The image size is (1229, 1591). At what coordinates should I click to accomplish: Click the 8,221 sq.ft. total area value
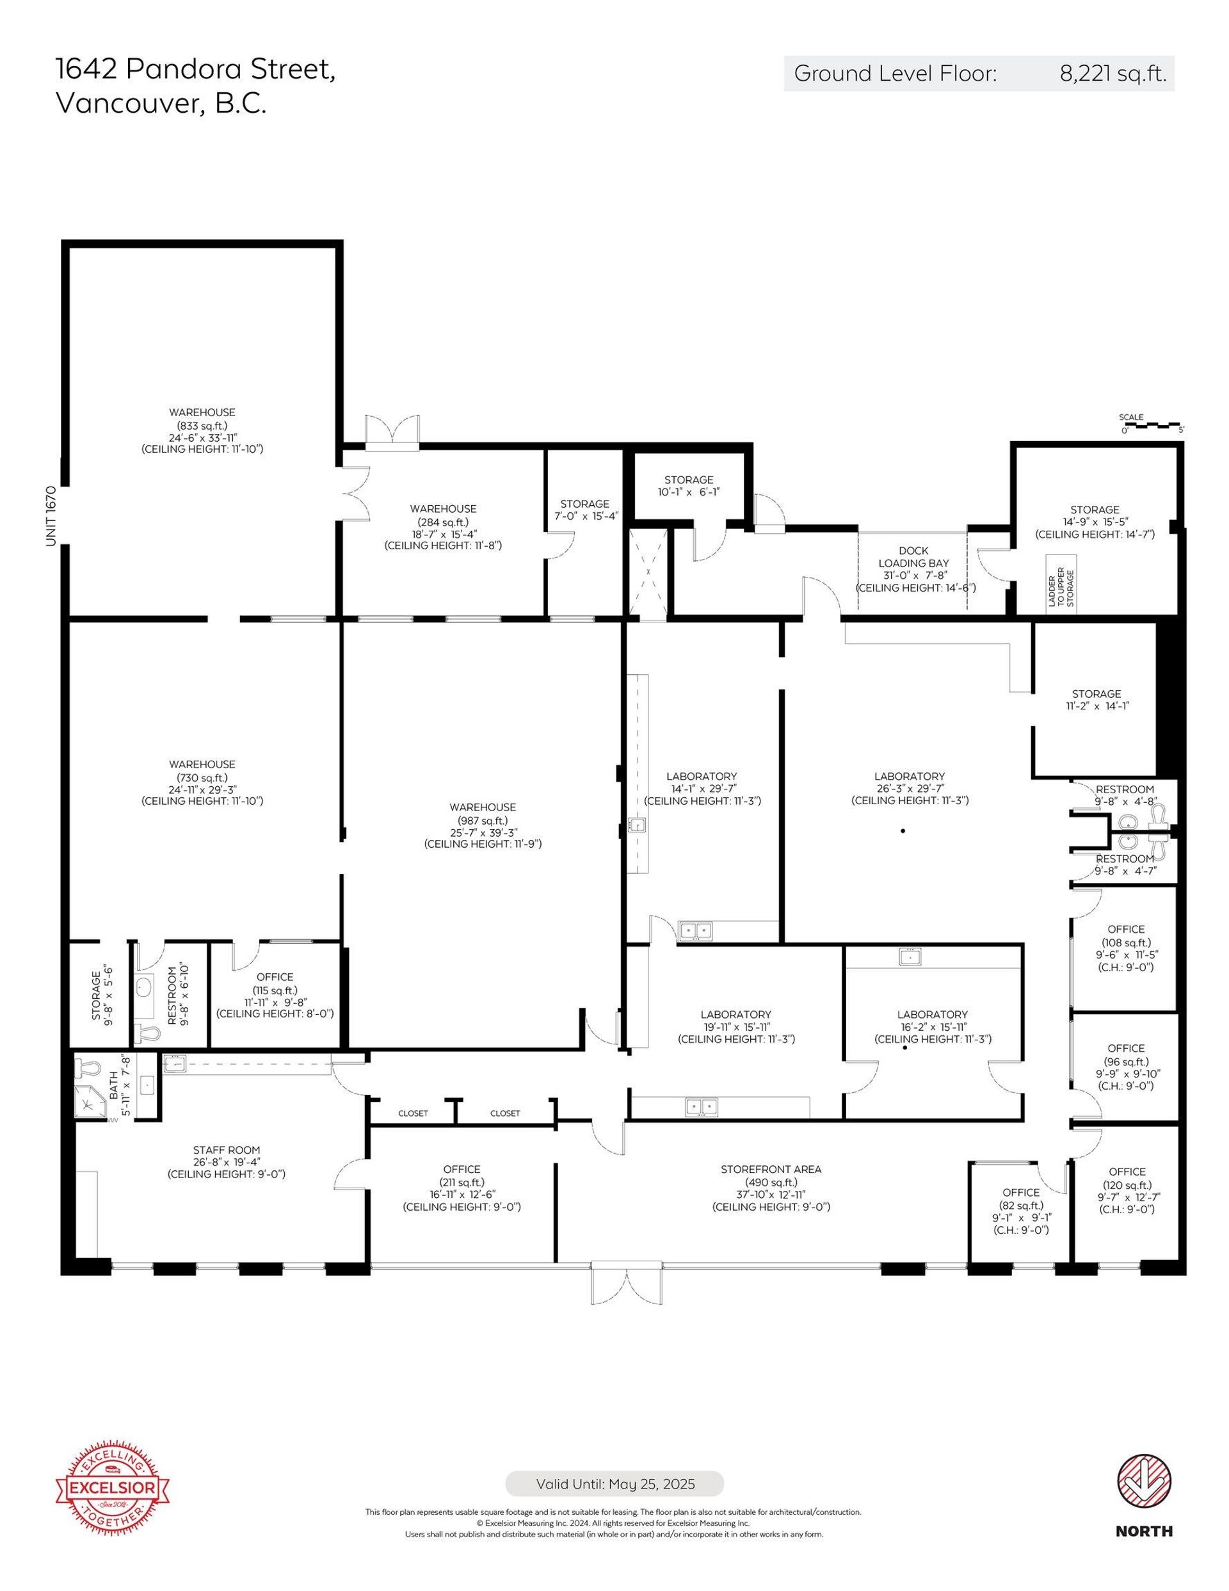[1113, 73]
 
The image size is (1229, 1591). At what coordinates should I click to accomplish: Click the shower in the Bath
[91, 1103]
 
